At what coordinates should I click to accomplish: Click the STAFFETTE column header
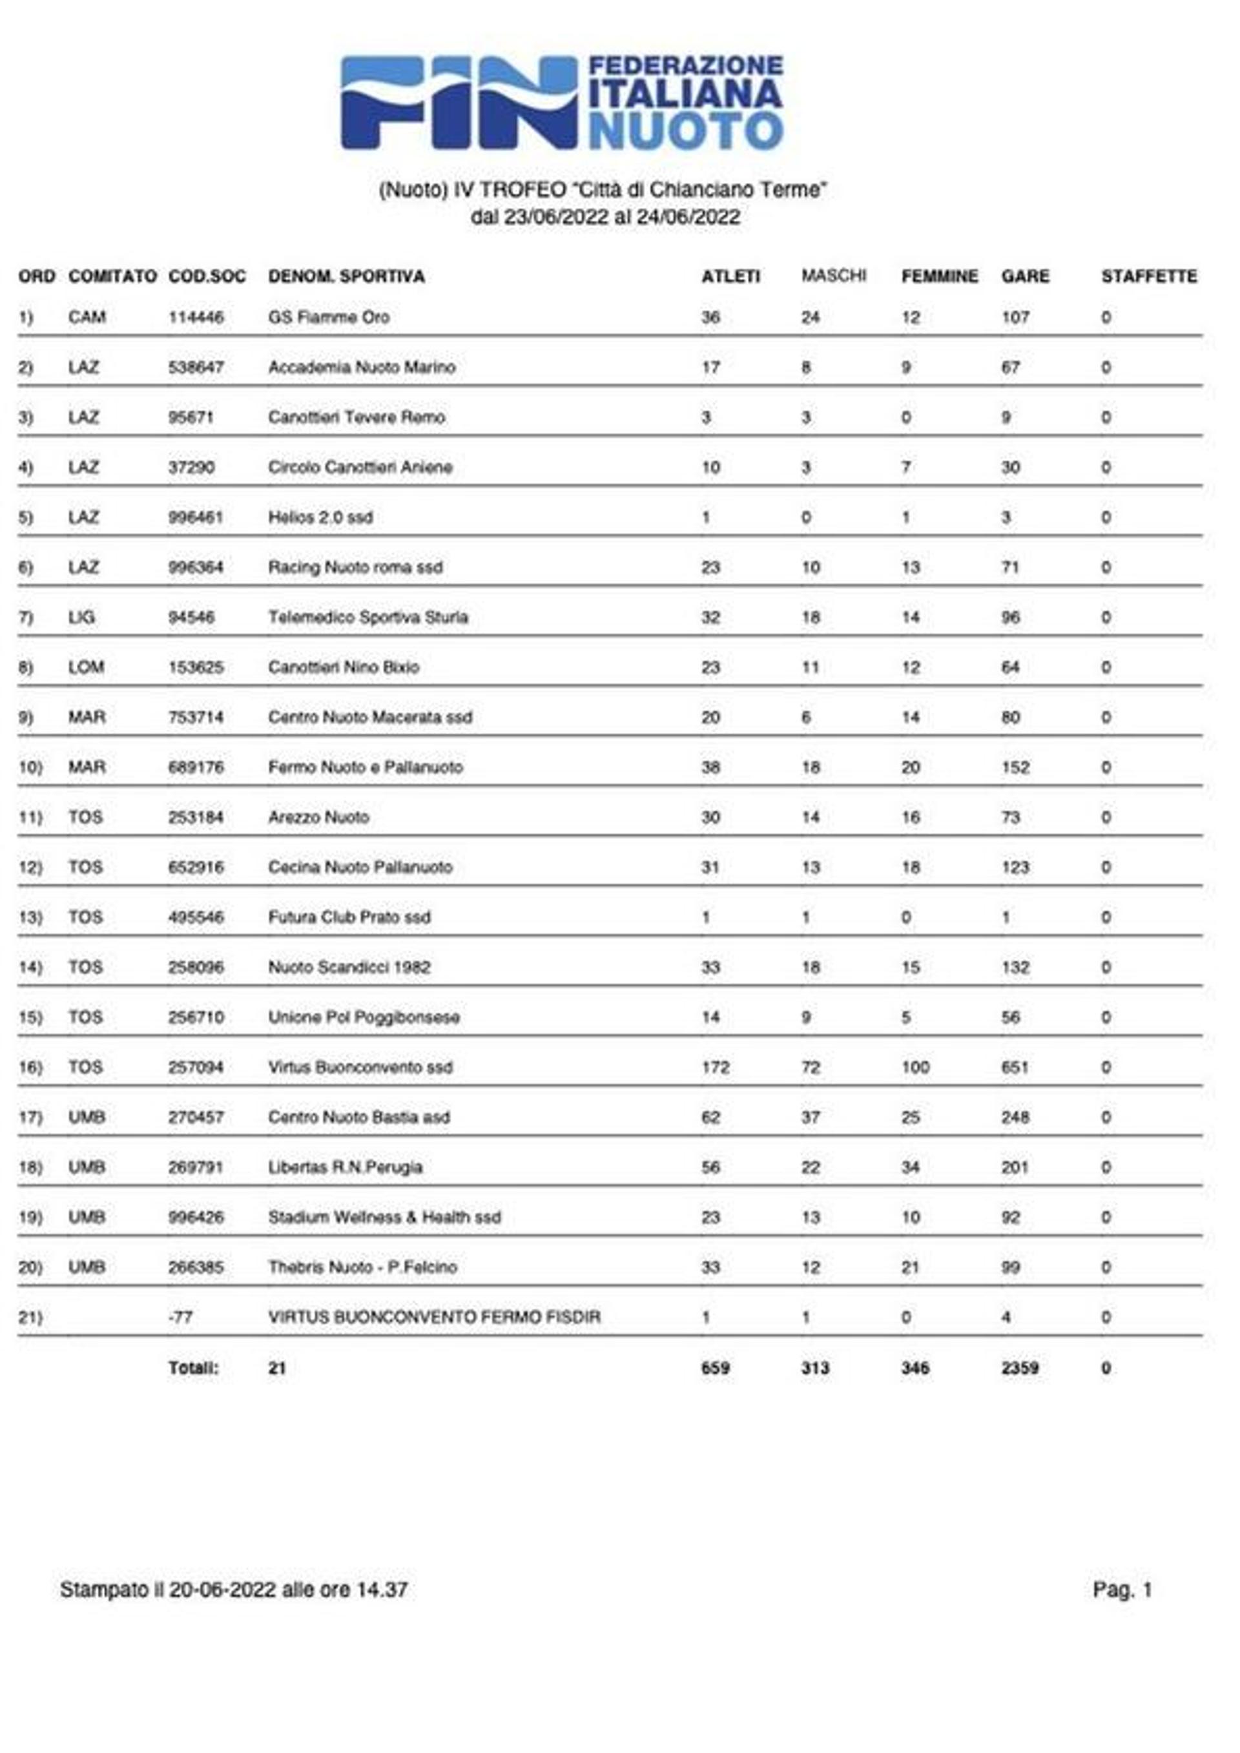click(1148, 276)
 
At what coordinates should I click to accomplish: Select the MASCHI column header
click(833, 276)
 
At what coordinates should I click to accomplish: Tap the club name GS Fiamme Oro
click(328, 318)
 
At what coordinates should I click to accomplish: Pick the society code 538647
click(196, 368)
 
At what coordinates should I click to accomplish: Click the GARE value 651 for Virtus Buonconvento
click(1015, 1068)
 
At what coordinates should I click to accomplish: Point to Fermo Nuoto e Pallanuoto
click(365, 767)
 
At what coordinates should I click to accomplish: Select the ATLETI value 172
click(715, 1068)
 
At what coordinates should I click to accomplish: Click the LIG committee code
click(82, 617)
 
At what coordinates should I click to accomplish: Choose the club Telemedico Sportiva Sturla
click(368, 617)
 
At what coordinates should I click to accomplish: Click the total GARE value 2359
click(1019, 1368)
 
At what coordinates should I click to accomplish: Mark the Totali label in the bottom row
click(193, 1368)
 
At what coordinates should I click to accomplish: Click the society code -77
click(180, 1318)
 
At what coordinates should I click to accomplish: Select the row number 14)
click(30, 968)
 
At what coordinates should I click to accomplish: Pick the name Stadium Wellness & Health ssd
click(384, 1218)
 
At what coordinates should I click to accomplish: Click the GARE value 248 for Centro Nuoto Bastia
click(1015, 1118)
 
